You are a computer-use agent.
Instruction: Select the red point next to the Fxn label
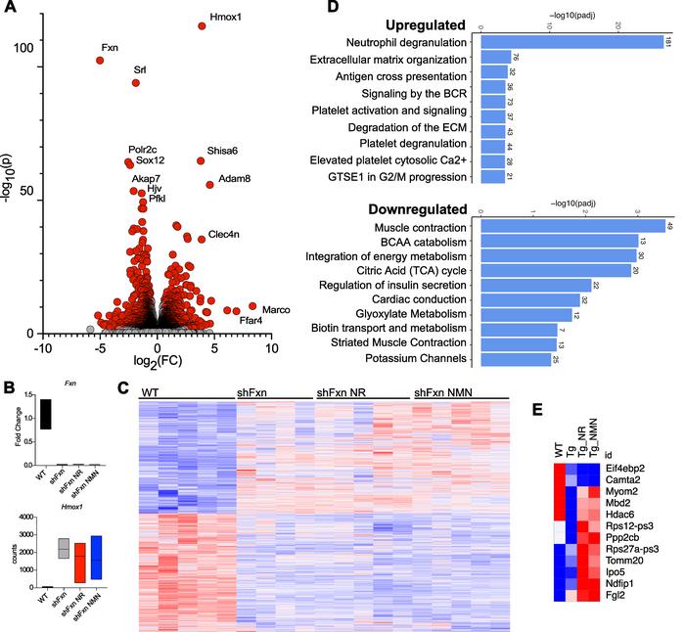(100, 61)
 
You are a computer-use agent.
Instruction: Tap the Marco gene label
(277, 309)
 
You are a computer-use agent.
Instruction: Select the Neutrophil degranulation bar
(569, 41)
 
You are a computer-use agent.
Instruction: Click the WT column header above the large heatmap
(152, 392)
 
